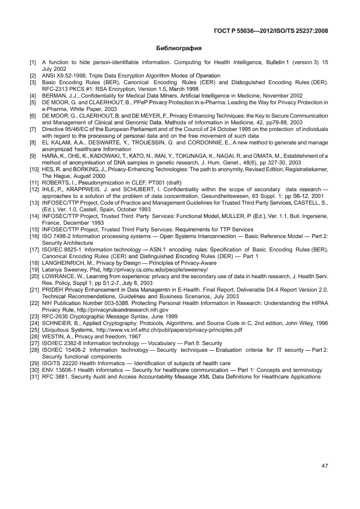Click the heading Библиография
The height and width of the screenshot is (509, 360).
click(179, 48)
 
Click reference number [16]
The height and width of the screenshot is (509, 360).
click(34, 235)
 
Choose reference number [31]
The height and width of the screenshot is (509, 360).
click(34, 370)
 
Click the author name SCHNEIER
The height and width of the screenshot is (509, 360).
click(60, 323)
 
